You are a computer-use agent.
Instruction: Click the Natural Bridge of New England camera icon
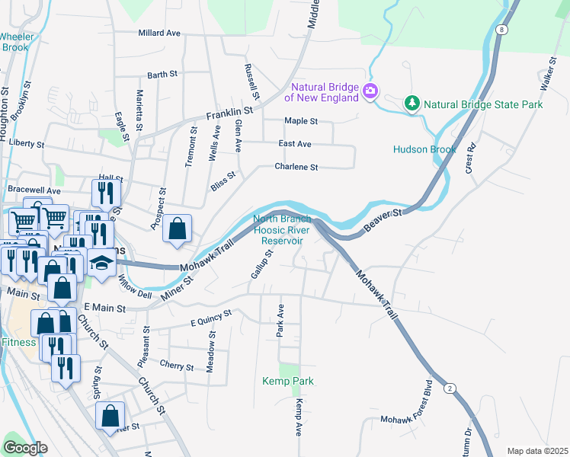[x=370, y=91]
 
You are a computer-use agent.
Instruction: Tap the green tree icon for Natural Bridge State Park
[x=412, y=103]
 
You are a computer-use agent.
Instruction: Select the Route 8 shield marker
[x=501, y=30]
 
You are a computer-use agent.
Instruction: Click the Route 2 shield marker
[x=450, y=388]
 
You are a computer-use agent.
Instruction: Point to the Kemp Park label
[x=288, y=381]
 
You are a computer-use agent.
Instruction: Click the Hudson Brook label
[x=424, y=149]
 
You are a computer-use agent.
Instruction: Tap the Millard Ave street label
[x=159, y=34]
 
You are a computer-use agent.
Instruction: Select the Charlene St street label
[x=296, y=167]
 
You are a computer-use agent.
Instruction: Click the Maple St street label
[x=300, y=121]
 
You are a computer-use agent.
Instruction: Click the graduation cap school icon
[x=101, y=261]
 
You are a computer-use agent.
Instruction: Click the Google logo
[x=25, y=448]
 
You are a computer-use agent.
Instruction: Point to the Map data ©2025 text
[x=537, y=451]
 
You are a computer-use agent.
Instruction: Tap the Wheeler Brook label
[x=14, y=42]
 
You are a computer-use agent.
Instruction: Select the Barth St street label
[x=162, y=75]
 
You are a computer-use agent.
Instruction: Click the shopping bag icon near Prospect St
[x=177, y=228]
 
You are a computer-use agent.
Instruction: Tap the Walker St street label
[x=551, y=71]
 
